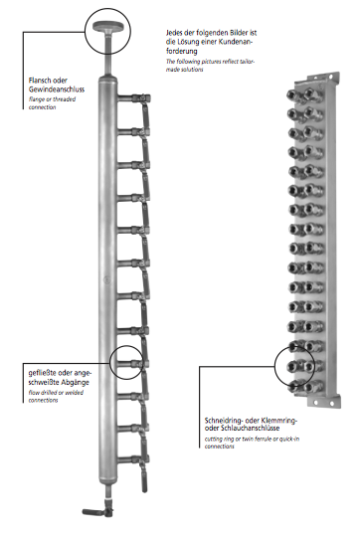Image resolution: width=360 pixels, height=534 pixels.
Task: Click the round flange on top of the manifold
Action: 106,26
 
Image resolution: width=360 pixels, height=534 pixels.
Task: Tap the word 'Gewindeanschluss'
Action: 57,89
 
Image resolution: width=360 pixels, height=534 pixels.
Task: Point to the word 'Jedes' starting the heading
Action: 174,33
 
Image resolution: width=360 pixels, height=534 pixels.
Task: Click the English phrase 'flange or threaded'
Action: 52,99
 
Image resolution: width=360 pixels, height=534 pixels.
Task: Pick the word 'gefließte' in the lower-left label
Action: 42,373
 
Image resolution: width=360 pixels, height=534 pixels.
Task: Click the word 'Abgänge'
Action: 75,383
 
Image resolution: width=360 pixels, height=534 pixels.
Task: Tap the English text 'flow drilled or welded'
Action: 56,393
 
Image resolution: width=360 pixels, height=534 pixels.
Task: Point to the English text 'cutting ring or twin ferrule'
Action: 241,439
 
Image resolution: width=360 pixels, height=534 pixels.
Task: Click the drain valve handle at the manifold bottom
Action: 92,511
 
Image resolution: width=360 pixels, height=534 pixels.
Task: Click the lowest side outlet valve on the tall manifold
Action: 139,460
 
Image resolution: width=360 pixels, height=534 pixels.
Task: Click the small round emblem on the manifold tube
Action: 107,280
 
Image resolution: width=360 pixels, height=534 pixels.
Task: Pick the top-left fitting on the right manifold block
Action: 293,94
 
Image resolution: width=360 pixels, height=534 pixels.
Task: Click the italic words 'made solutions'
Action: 185,70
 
